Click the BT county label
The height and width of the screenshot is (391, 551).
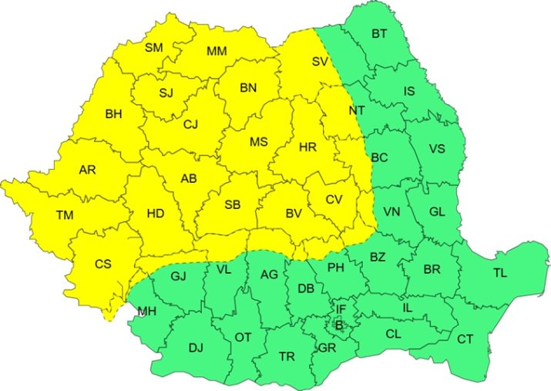(x=380, y=33)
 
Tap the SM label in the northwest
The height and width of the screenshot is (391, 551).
(x=154, y=48)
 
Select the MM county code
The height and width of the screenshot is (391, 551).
(x=217, y=52)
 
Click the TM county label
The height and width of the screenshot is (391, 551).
(x=64, y=215)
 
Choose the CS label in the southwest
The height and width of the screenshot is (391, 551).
(x=103, y=264)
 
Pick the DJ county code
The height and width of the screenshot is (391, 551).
(x=196, y=348)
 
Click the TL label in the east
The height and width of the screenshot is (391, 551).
(x=500, y=272)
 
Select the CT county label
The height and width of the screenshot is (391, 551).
(x=465, y=339)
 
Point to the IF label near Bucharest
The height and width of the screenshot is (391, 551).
(x=341, y=309)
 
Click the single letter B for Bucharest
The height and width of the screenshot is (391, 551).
(x=338, y=326)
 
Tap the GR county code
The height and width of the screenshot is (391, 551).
(x=326, y=348)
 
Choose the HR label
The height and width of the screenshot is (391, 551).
(x=307, y=147)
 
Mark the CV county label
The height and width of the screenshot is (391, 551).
(x=333, y=199)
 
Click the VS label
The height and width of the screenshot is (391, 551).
(x=437, y=149)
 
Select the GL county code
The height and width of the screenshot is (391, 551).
(x=437, y=211)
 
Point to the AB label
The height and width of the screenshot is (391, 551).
(x=189, y=179)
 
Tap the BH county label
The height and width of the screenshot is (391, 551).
(x=114, y=114)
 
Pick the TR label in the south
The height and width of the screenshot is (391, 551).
(x=287, y=356)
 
